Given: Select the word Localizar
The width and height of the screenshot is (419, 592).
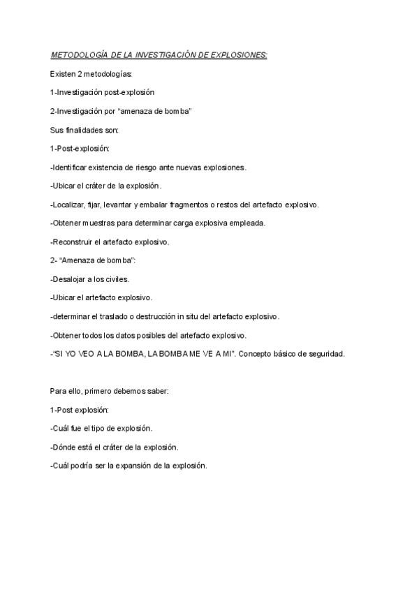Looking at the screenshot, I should pos(70,205).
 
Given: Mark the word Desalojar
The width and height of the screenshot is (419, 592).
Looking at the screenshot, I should pos(71,279).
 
